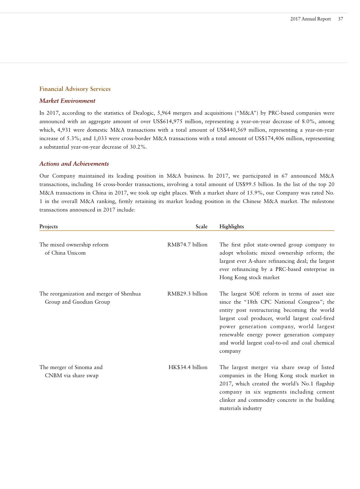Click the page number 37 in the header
coord(340,19)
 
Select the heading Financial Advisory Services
coord(75,89)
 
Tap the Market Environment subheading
coord(67,101)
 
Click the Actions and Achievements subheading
coord(74,164)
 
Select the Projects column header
coord(48,226)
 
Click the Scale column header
coord(201,226)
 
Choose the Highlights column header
coord(231,226)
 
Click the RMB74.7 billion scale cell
coord(187,245)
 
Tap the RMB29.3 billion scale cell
coord(187,294)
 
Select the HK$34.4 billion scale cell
coord(188,367)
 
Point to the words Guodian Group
coord(91,302)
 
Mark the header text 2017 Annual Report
coord(310,19)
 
